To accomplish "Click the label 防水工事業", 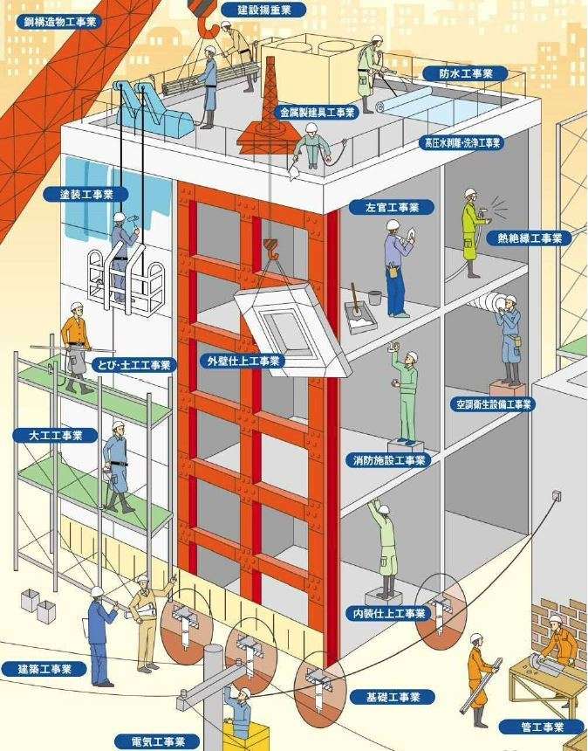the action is point(465,73).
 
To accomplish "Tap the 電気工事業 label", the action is point(157,742).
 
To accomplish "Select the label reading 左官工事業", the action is point(392,207).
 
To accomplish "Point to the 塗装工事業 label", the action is point(86,195).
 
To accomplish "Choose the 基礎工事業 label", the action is point(393,697).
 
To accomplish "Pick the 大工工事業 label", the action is point(56,436).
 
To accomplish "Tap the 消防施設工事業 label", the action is point(388,460).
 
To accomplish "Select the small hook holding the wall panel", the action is point(270,249).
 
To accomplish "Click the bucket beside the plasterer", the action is point(374,298).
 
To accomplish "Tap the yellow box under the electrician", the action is point(246,736).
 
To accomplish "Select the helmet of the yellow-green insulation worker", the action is point(470,193).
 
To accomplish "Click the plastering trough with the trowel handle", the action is point(359,315).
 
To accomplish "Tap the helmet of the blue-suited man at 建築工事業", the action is point(98,591).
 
